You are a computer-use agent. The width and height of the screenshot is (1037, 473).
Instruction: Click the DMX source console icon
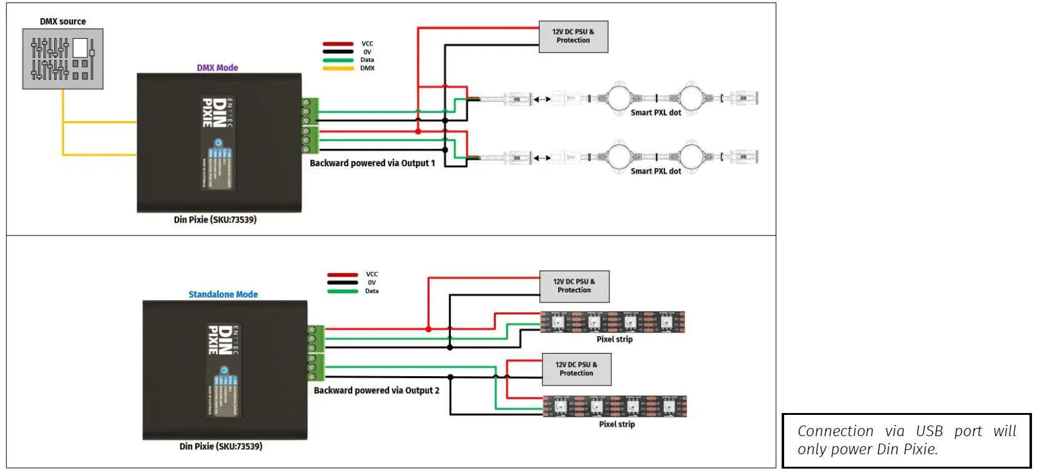pyautogui.click(x=63, y=59)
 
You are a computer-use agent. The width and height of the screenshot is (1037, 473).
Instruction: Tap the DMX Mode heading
pyautogui.click(x=217, y=67)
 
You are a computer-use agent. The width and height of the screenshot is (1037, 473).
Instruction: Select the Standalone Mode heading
pyautogui.click(x=223, y=294)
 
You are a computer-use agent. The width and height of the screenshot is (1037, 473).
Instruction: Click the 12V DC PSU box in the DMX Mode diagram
pyautogui.click(x=573, y=36)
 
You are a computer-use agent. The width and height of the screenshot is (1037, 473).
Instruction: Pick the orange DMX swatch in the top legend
pyautogui.click(x=338, y=68)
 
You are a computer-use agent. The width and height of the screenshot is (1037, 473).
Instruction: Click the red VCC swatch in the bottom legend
pyautogui.click(x=342, y=274)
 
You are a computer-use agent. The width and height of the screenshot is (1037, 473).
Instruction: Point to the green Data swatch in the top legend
pyautogui.click(x=338, y=60)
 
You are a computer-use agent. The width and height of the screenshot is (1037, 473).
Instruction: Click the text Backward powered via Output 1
pyautogui.click(x=372, y=163)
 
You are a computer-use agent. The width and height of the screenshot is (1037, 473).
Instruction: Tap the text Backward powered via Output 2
pyautogui.click(x=376, y=391)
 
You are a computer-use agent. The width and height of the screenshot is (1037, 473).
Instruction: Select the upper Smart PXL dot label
pyautogui.click(x=656, y=112)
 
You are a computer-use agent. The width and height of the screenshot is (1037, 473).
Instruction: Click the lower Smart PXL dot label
pyautogui.click(x=656, y=171)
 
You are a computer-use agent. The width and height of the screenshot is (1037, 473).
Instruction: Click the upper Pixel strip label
pyautogui.click(x=614, y=339)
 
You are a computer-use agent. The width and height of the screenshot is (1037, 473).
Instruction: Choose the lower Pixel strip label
pyautogui.click(x=617, y=424)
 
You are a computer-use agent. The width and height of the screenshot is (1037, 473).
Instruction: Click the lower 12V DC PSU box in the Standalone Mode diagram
pyautogui.click(x=576, y=369)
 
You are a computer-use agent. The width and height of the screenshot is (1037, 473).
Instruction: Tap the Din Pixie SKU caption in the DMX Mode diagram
pyautogui.click(x=215, y=220)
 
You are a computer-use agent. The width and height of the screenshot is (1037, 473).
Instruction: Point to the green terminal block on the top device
pyautogui.click(x=310, y=126)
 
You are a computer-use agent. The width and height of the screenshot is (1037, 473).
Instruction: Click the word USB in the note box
pyautogui.click(x=929, y=431)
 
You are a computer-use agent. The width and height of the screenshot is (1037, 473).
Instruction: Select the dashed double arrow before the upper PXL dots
pyautogui.click(x=542, y=99)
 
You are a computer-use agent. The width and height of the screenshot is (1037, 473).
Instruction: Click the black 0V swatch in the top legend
pyautogui.click(x=338, y=52)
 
